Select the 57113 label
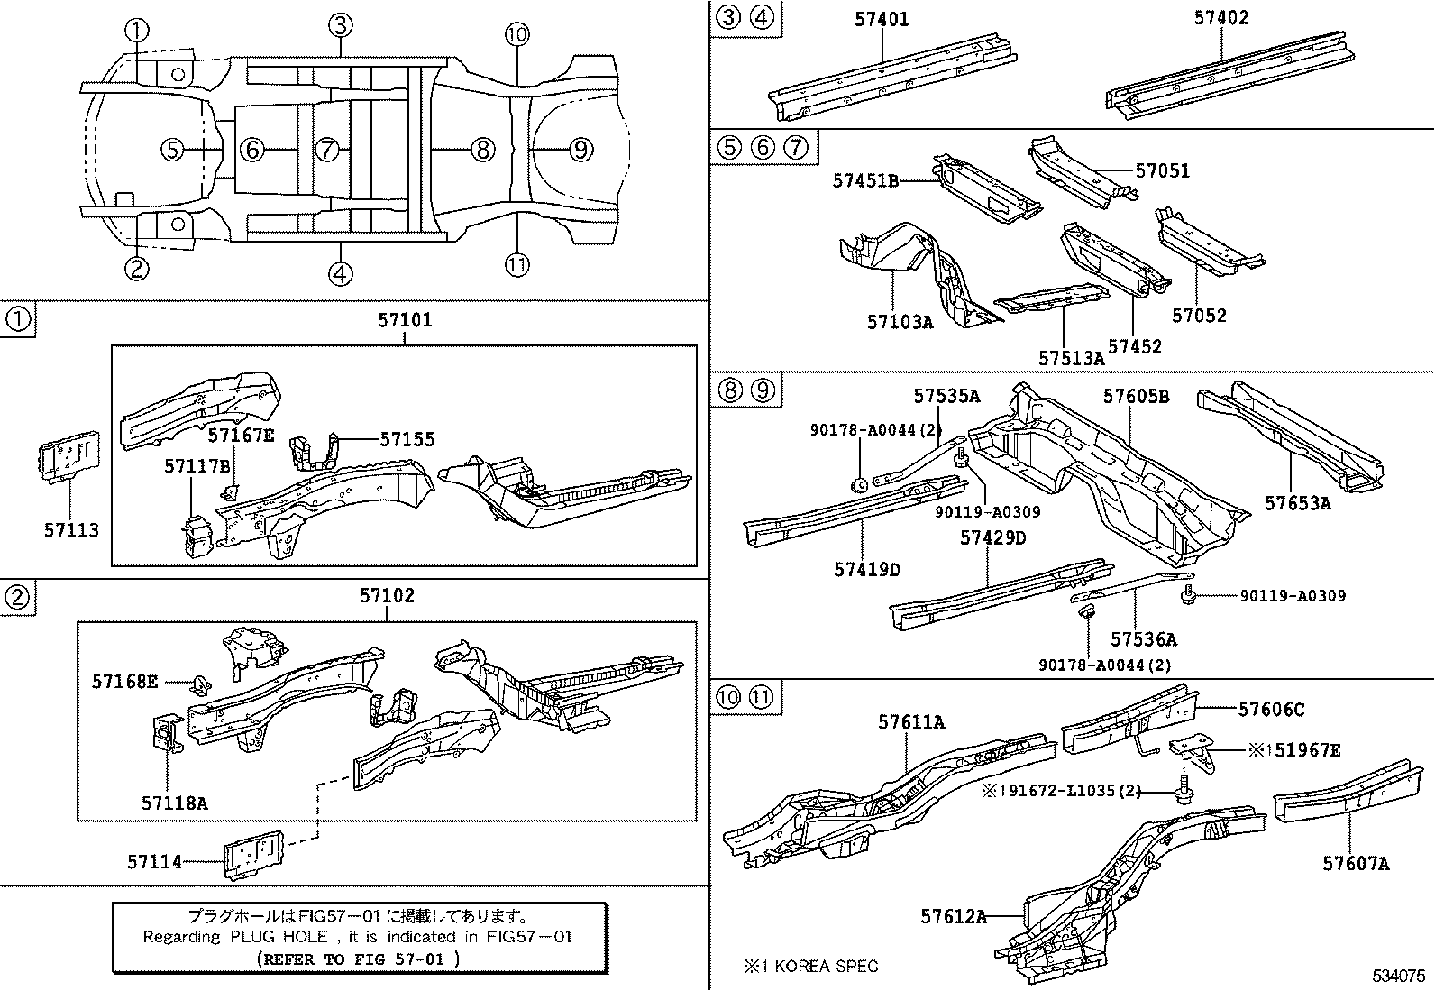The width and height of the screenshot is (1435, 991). (x=71, y=530)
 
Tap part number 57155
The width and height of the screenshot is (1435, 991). (x=407, y=439)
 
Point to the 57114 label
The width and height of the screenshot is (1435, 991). (x=154, y=862)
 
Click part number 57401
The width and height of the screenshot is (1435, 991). (x=881, y=19)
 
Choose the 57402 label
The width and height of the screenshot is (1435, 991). (x=1221, y=18)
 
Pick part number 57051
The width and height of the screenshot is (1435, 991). (x=1162, y=170)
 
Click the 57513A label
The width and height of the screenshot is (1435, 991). (x=1070, y=358)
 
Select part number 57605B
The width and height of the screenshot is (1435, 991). (x=1136, y=396)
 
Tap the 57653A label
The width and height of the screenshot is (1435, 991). (x=1297, y=503)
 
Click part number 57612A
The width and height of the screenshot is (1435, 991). (x=954, y=917)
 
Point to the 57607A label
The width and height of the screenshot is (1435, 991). (x=1356, y=864)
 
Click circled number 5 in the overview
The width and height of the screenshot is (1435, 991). (x=173, y=149)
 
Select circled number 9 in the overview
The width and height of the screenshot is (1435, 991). (x=581, y=149)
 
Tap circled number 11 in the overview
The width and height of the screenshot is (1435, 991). (x=516, y=264)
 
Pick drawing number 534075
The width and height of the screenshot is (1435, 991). (x=1399, y=976)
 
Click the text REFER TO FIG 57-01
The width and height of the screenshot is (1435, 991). (x=358, y=959)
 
